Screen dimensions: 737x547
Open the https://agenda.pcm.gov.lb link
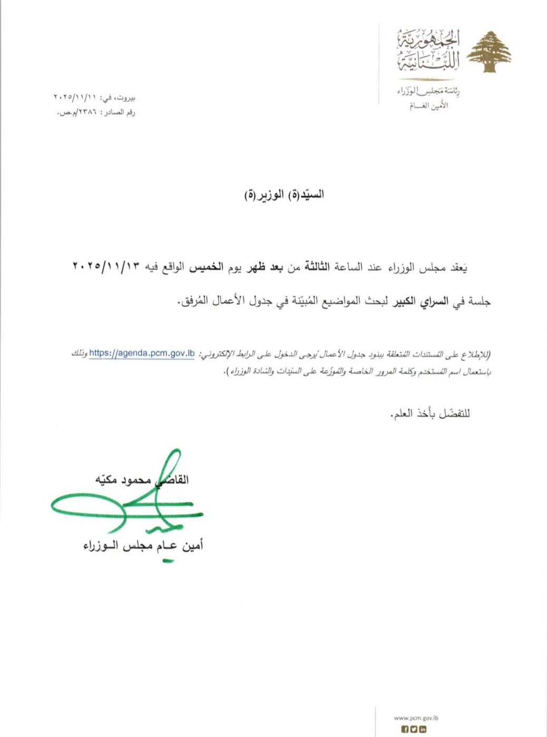[142, 353]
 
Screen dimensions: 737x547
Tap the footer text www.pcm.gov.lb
[416, 718]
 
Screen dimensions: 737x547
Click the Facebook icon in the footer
[405, 729]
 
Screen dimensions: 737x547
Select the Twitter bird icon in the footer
[414, 729]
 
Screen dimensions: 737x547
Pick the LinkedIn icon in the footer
[423, 729]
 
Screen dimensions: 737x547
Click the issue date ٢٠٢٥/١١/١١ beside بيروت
[75, 98]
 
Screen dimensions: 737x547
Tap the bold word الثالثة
[315, 267]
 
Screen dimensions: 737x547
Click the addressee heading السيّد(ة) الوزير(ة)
[284, 194]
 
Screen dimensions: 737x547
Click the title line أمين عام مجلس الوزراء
[143, 546]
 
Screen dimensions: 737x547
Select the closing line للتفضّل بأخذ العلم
[431, 414]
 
